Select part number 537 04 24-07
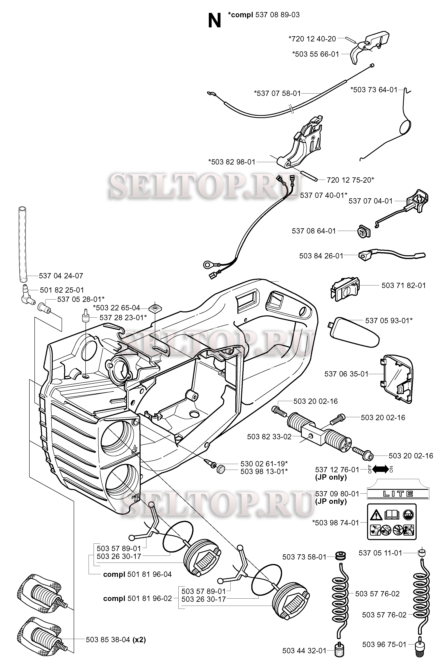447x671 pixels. pos(61,276)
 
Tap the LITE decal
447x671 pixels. pos(398,494)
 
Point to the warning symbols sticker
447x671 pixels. pos(391,522)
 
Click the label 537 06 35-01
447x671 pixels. pos(346,374)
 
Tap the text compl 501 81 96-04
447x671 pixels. pos(137,574)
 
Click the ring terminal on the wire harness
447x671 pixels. pos(207,265)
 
